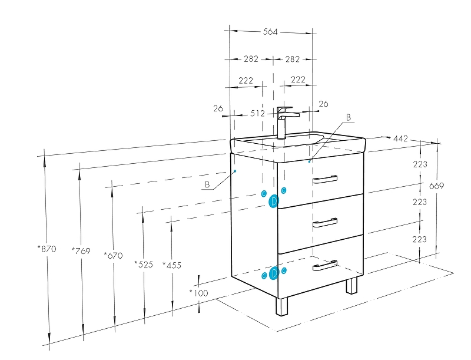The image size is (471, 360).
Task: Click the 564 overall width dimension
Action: click(270, 32)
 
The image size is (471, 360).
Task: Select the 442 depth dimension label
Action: click(400, 138)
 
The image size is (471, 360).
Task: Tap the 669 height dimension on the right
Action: click(436, 186)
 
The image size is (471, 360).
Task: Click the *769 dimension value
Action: click(81, 251)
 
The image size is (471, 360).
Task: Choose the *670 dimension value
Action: click(113, 255)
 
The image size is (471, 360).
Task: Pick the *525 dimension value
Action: click(144, 264)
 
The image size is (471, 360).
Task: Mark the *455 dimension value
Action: click(171, 265)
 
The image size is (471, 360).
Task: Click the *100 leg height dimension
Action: click(198, 293)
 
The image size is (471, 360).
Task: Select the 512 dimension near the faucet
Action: click(257, 114)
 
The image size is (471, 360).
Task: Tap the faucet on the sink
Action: click(284, 121)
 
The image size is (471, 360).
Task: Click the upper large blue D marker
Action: click(274, 202)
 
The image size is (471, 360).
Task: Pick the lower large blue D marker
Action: click(274, 273)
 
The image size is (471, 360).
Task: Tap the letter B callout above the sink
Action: click(348, 118)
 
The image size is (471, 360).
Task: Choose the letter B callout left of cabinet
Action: click(207, 184)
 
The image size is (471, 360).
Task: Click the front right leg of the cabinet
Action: click(351, 286)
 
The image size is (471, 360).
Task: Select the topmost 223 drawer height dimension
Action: click(419, 164)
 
